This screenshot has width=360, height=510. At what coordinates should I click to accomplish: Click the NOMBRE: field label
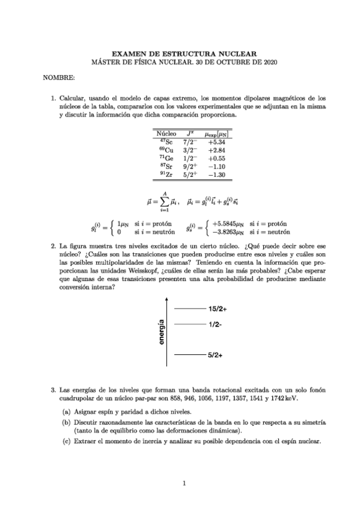coord(59,78)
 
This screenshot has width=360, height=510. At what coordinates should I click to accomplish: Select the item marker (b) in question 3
coord(66,423)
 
